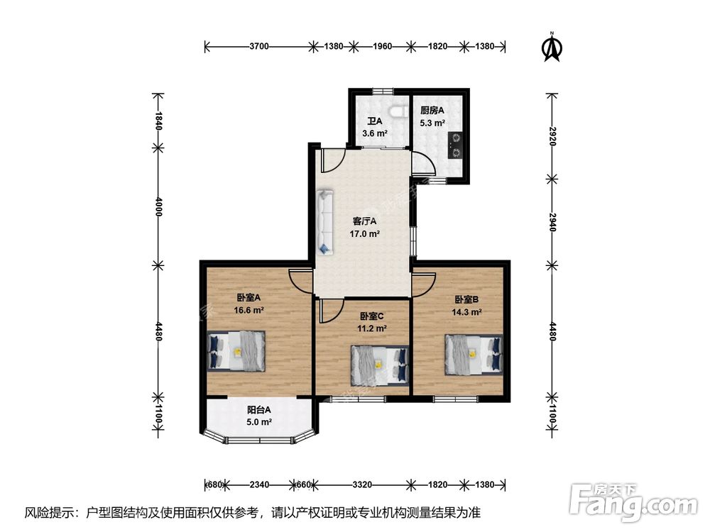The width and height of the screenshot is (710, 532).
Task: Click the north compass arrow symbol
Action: pos(552,48)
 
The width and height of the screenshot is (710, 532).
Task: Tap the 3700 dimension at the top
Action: pos(259,46)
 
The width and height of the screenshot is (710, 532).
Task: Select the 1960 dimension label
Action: pos(382,46)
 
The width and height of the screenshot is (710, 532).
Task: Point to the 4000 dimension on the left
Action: pos(158,206)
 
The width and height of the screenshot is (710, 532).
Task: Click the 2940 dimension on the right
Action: pos(552,222)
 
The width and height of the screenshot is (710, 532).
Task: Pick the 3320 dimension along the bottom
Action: pos(362,484)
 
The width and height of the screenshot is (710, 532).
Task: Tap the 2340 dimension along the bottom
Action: pos(259,484)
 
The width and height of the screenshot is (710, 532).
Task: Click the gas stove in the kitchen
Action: pos(456,145)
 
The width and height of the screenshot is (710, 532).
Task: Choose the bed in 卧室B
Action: pos(474,354)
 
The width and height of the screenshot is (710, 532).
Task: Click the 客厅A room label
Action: pos(364,221)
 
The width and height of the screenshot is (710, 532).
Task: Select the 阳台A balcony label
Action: pos(259,410)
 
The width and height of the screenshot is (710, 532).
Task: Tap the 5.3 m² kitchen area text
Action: pos(432,123)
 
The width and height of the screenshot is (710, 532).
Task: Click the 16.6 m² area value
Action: pos(248,310)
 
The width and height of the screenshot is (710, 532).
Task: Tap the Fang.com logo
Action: pos(633,502)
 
